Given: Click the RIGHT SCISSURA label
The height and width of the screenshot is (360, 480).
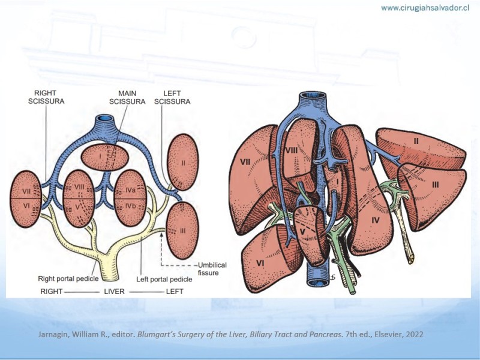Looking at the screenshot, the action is click(x=46, y=97).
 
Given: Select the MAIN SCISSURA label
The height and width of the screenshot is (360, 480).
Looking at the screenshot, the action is click(x=127, y=97).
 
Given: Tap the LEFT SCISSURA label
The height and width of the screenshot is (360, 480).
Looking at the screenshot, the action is click(x=172, y=97).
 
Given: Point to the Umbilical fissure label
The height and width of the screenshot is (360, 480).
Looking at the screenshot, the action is click(x=212, y=269).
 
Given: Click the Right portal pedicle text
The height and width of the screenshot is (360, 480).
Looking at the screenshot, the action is click(x=68, y=278).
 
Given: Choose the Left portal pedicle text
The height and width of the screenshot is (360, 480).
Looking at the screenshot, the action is click(x=164, y=279).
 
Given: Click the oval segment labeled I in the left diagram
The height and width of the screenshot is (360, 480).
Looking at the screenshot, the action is click(x=104, y=157).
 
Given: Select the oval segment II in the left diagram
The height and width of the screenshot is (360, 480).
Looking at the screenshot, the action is click(x=184, y=162).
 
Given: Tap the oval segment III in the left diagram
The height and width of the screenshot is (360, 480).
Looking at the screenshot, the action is click(x=182, y=231).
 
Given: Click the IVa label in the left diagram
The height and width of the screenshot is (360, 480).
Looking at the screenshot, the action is click(x=130, y=190).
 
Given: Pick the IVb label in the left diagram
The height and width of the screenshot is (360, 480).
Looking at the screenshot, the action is click(x=130, y=206).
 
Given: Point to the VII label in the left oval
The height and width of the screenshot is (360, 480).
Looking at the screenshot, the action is click(x=26, y=191).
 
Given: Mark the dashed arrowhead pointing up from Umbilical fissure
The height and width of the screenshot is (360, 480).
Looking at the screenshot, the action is click(x=161, y=234).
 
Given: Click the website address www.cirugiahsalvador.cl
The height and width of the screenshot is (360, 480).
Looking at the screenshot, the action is click(x=425, y=8).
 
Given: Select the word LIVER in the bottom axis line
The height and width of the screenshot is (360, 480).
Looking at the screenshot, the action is click(x=114, y=292).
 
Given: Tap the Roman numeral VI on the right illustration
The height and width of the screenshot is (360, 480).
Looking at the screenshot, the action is click(x=260, y=263).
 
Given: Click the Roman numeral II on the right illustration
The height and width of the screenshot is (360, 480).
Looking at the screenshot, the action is click(x=416, y=141).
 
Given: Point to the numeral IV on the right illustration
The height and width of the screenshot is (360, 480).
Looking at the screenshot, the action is click(x=376, y=220).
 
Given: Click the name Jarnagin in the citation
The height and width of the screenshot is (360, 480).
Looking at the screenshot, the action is click(x=50, y=334).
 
